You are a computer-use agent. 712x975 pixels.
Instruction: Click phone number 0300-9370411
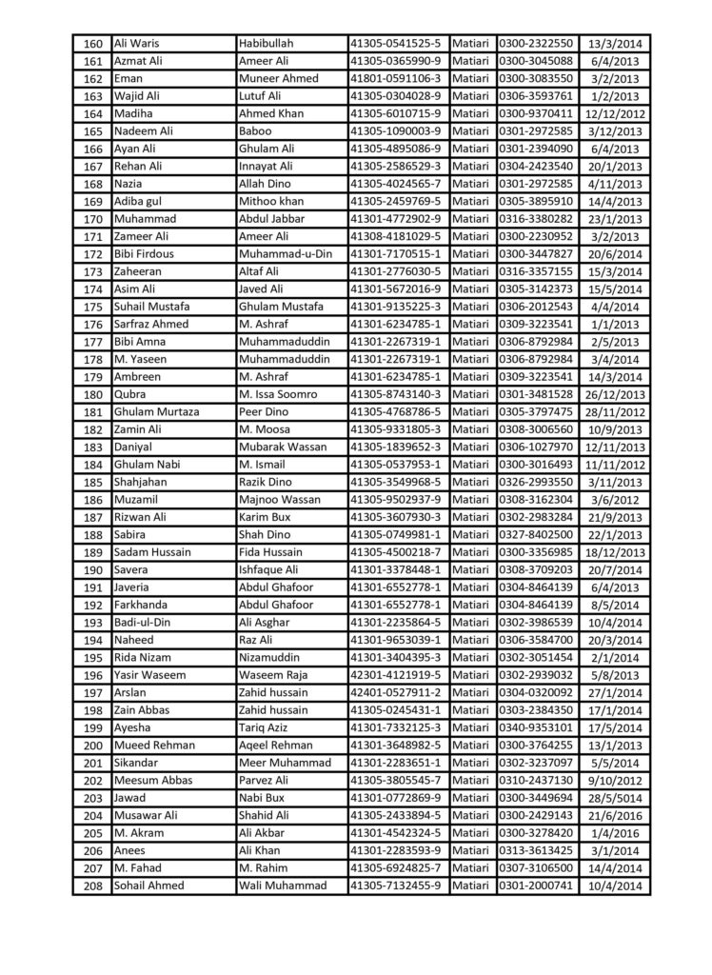coord(536,113)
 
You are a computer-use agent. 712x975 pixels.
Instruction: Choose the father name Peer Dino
coord(268,411)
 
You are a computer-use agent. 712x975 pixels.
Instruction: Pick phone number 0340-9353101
coord(536,727)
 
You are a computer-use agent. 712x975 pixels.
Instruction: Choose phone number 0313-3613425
coord(536,850)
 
